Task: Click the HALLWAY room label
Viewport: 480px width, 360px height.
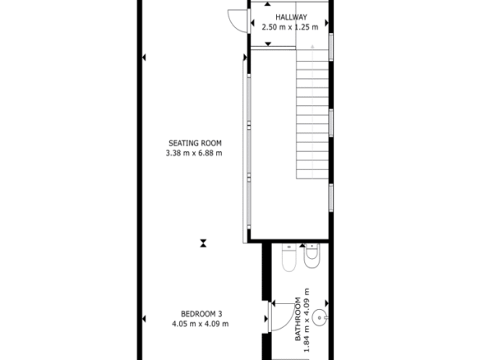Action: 291,17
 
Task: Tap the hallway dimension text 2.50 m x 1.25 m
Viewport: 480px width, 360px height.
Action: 290,27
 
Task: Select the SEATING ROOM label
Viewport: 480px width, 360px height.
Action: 195,143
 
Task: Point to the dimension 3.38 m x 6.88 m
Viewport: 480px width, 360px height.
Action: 194,153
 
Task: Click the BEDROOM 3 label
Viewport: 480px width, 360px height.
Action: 201,314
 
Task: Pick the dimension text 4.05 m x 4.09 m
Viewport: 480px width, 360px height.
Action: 201,324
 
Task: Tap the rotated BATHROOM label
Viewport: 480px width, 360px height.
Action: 298,319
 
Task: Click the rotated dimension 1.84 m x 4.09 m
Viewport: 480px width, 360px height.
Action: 307,321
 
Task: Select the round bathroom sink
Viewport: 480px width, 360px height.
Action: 320,317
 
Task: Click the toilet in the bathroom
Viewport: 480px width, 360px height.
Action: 289,258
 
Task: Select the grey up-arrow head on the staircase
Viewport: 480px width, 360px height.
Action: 312,47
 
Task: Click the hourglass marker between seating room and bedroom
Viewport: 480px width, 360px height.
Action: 203,243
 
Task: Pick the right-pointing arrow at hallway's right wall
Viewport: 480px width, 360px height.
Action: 326,23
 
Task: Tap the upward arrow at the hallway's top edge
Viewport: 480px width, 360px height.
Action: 268,4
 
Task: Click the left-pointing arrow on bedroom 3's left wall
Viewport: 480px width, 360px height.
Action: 144,319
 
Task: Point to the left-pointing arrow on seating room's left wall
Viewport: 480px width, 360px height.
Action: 144,58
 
